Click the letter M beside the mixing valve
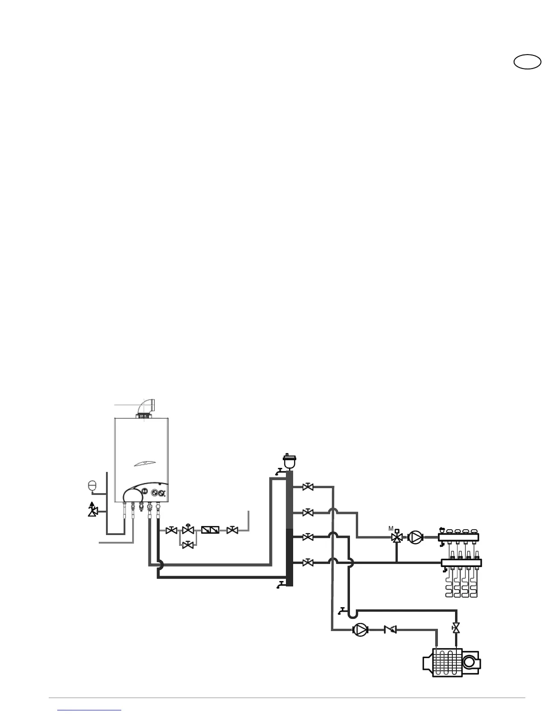[x=391, y=528]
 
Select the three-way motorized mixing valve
[x=397, y=537]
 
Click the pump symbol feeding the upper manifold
[x=415, y=537]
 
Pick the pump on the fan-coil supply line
[x=359, y=629]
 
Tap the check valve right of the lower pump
[x=391, y=629]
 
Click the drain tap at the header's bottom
[x=281, y=585]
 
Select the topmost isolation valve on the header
[x=308, y=487]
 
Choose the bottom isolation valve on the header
[x=308, y=563]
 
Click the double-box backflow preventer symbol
[x=210, y=530]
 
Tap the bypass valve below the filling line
[x=188, y=545]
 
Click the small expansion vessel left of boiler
[x=92, y=485]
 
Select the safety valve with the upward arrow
[x=93, y=511]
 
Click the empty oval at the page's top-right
[x=528, y=62]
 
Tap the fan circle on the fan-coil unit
[x=469, y=662]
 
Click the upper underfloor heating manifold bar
[x=458, y=537]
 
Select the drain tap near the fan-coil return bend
[x=342, y=611]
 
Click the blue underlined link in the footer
[x=90, y=709]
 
